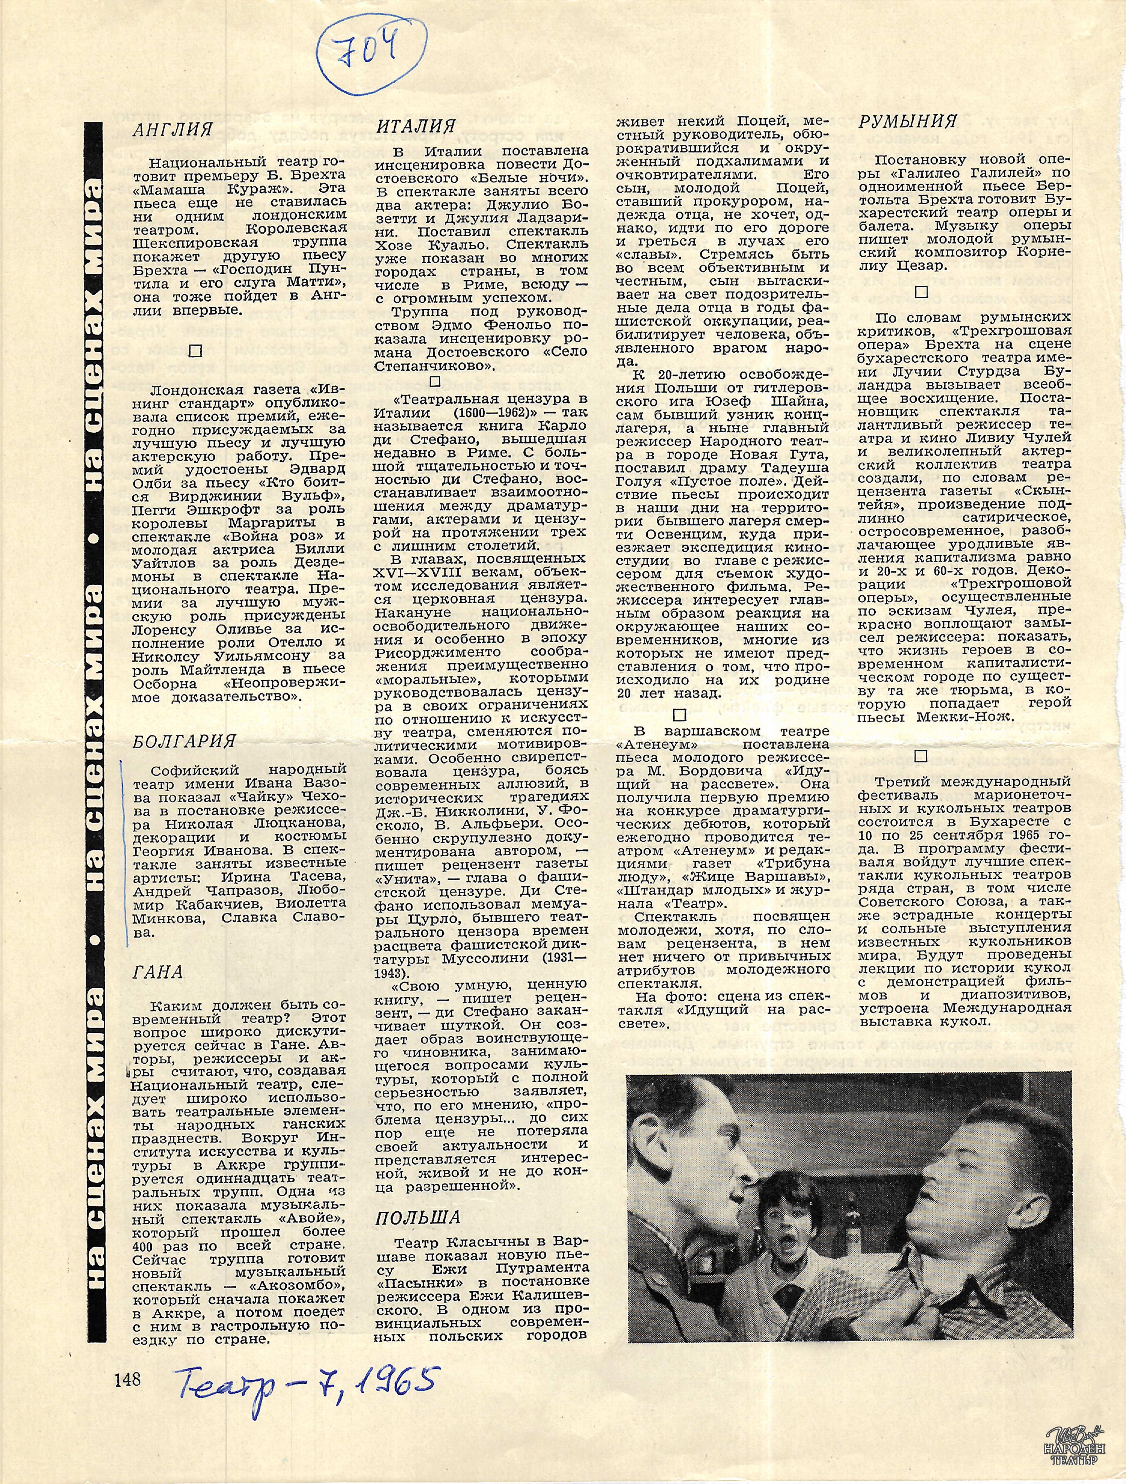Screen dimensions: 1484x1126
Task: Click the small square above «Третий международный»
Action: click(x=920, y=756)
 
